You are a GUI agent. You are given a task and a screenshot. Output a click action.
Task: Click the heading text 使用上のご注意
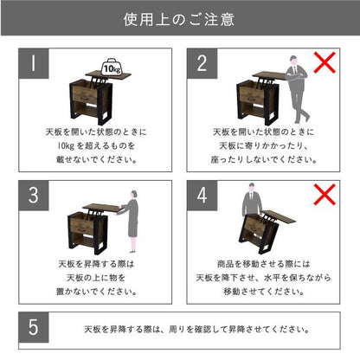pos(179,20)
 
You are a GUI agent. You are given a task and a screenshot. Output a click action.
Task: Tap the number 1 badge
pos(34,63)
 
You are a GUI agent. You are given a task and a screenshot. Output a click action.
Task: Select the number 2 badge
pos(202,63)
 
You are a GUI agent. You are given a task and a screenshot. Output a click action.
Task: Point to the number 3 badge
pos(34,196)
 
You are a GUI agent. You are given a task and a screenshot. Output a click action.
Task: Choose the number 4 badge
pos(202,196)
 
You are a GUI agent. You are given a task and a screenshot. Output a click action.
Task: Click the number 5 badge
pos(34,327)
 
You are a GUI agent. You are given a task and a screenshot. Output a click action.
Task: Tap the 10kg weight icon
pos(112,67)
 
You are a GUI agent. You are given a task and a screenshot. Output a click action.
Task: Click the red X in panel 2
pos(325,62)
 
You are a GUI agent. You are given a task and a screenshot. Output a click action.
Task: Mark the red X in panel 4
pos(325,195)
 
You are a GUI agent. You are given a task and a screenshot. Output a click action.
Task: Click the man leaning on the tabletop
pos(297,89)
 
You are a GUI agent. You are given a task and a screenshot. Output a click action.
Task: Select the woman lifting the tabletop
pos(130,222)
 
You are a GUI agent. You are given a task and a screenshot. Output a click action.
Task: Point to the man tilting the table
pos(252,200)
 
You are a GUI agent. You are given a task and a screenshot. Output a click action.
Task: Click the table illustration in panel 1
pos(97,98)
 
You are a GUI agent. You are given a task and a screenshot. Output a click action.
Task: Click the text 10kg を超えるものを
pos(96,145)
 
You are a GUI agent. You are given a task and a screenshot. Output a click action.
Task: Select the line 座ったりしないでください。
pos(264,159)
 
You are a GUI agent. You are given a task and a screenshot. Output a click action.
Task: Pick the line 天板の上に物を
pos(96,278)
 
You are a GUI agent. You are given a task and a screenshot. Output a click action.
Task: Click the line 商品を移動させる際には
pos(263,264)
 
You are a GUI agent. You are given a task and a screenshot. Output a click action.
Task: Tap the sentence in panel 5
pos(197,329)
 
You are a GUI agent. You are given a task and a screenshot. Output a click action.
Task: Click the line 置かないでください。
pos(97,292)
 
